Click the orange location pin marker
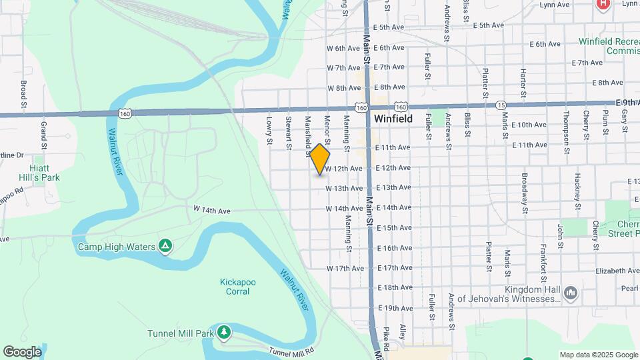[x=320, y=159]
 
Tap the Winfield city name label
[x=393, y=119]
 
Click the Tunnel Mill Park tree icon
[x=225, y=332]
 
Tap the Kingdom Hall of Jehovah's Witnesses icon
[x=570, y=293]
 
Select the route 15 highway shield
[x=501, y=105]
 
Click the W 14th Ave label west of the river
[x=212, y=210]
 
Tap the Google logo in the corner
[x=22, y=351]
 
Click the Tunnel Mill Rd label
[x=291, y=351]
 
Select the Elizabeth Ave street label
[x=616, y=271]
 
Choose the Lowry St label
[x=269, y=131]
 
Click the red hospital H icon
[x=603, y=3]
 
